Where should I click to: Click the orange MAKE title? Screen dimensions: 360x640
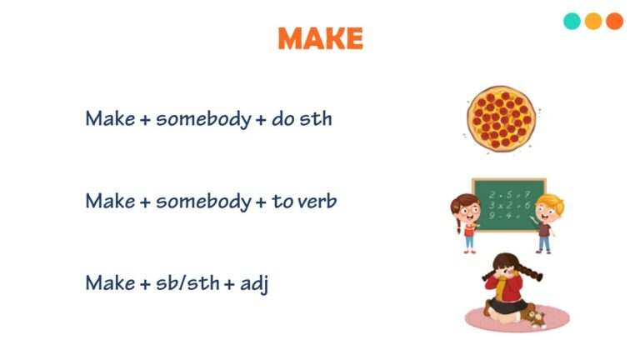point(320,38)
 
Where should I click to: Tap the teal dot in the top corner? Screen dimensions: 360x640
point(572,22)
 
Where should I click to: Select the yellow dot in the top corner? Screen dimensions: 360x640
point(593,22)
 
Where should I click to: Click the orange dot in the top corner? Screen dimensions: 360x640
point(615,22)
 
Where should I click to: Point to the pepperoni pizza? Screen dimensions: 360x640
point(501,120)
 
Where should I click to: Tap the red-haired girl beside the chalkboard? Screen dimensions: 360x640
point(466,221)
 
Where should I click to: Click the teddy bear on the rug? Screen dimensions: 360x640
point(533,317)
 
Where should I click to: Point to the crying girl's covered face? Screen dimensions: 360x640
point(507,275)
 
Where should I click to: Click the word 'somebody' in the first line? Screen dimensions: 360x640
point(203,119)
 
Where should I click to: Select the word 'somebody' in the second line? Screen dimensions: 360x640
point(203,202)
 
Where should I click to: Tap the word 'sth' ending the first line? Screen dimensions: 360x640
point(316,119)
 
